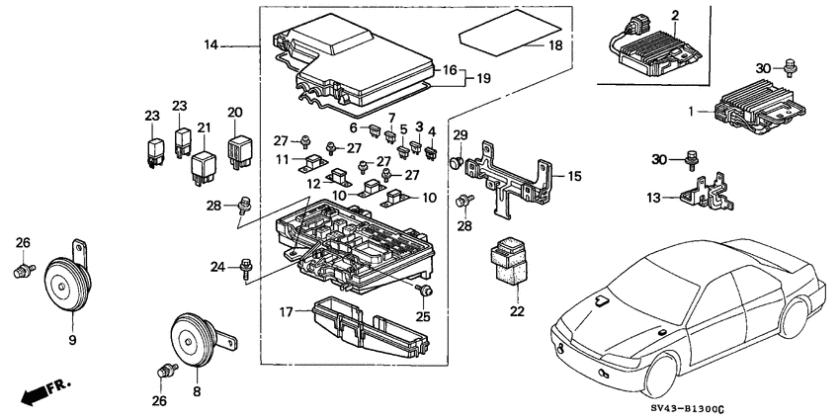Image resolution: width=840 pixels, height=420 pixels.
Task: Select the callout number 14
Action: (x=210, y=44)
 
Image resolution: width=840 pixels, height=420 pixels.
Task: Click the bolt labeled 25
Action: (x=425, y=290)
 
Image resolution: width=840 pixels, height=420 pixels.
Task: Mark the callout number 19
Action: (x=484, y=77)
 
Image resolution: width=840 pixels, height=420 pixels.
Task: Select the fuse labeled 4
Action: (x=431, y=152)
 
